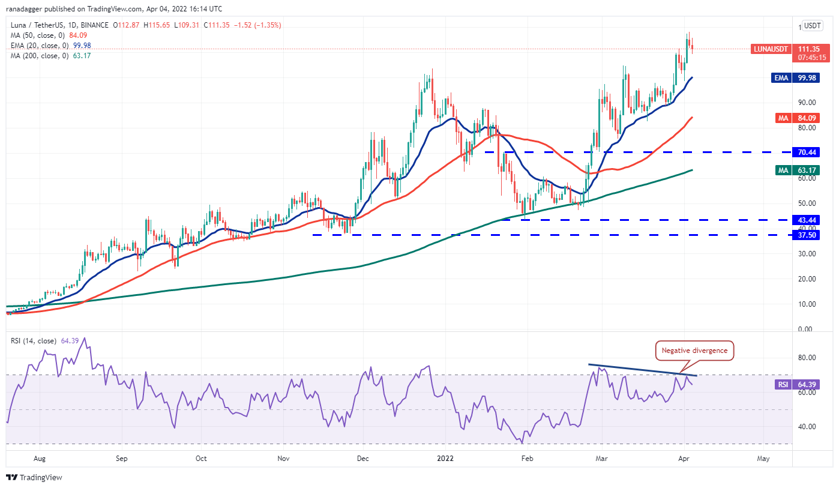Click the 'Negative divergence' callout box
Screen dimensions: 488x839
694,351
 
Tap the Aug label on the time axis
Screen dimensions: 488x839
40,459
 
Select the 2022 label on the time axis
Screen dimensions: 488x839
445,459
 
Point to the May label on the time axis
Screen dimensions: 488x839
763,459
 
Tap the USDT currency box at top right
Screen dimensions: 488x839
813,25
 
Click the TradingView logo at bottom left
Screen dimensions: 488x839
34,478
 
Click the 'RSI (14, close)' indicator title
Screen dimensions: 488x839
34,341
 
